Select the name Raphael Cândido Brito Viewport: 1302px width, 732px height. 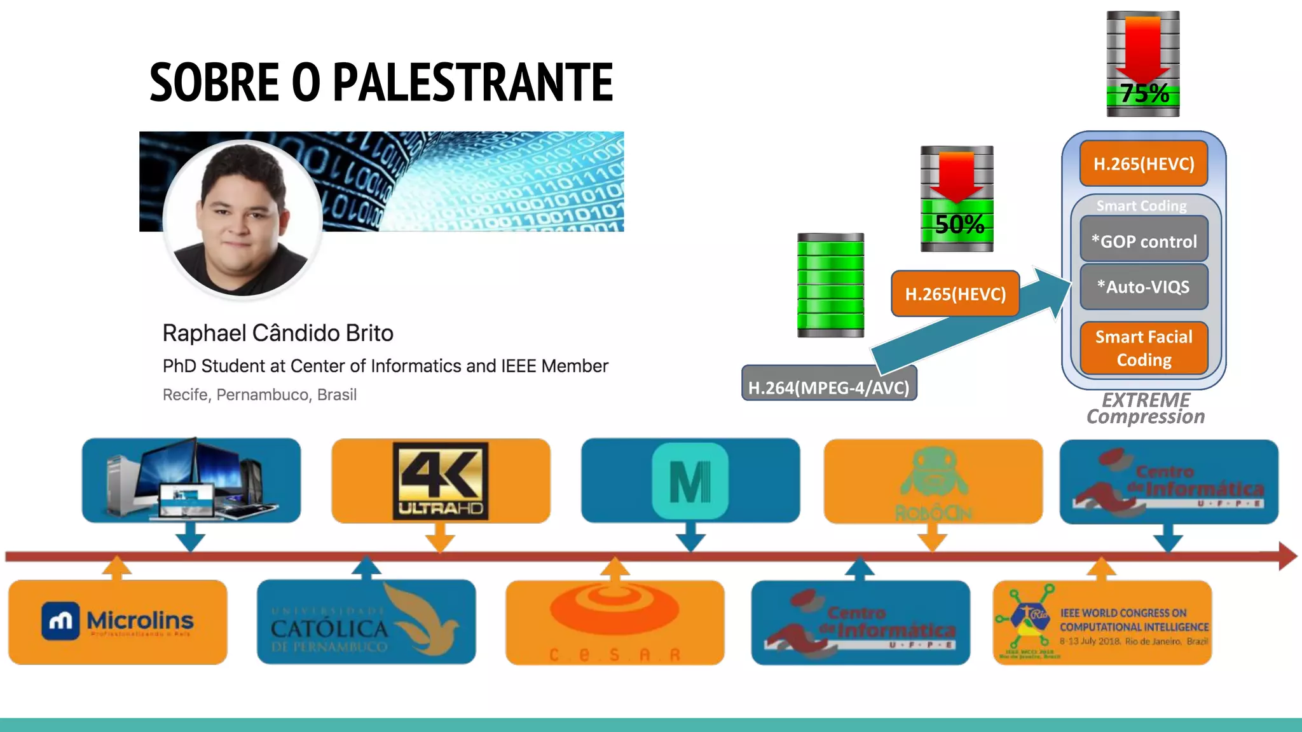point(278,333)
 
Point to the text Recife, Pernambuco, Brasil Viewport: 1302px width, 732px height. point(259,395)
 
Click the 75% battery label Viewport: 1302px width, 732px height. point(1144,94)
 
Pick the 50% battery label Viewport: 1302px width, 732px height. point(959,224)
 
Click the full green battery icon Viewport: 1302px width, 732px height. point(830,285)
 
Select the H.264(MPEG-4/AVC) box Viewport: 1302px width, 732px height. point(829,387)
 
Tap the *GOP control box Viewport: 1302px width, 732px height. point(1144,241)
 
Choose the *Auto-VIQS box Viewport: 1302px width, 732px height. point(1144,287)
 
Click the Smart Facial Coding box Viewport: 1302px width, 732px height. point(1144,348)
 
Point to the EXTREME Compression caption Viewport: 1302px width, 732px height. point(1146,409)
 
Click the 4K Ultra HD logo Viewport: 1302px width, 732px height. point(441,480)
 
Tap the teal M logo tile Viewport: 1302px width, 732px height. point(690,481)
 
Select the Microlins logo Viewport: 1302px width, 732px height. point(118,621)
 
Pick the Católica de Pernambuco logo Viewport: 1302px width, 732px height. point(366,622)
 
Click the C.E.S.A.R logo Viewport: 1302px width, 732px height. point(614,623)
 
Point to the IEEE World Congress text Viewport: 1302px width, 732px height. point(1133,627)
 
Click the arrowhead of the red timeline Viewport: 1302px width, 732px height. point(1287,557)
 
